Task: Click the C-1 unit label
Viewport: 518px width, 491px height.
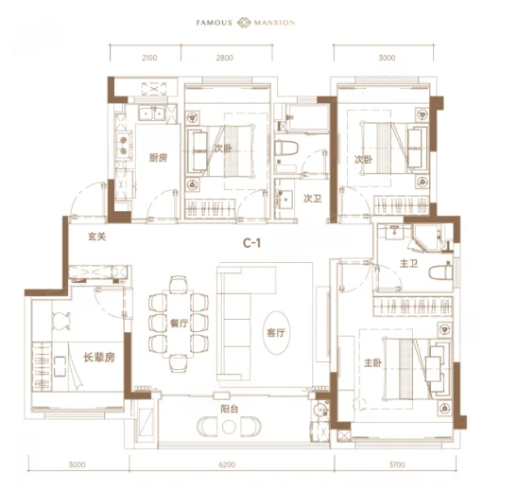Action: click(x=251, y=243)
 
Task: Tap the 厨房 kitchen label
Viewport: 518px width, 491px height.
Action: click(x=158, y=158)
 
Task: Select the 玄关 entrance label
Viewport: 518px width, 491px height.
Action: click(x=96, y=237)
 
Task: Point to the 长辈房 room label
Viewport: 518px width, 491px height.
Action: click(x=98, y=357)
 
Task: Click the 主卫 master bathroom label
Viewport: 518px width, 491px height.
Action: click(x=408, y=264)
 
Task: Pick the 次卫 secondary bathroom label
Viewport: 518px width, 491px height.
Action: click(x=312, y=199)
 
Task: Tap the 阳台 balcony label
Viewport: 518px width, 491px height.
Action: click(x=230, y=409)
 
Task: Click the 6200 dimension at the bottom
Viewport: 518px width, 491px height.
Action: click(x=227, y=465)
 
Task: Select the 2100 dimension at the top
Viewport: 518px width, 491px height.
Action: click(x=149, y=58)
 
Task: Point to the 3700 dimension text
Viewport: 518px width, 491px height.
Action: click(x=397, y=465)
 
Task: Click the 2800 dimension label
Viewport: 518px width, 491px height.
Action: click(x=225, y=58)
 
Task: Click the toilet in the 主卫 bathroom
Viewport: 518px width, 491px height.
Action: click(x=440, y=272)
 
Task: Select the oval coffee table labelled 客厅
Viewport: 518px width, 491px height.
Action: click(x=276, y=332)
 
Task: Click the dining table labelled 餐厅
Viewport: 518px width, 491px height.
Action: click(x=178, y=324)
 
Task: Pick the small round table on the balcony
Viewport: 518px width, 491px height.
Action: click(x=228, y=427)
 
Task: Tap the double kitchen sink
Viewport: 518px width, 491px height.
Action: click(x=152, y=114)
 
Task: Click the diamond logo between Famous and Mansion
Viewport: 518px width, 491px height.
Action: click(x=244, y=23)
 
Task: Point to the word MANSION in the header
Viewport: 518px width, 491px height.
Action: click(x=274, y=23)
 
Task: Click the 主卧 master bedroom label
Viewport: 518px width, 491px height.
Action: click(x=372, y=363)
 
